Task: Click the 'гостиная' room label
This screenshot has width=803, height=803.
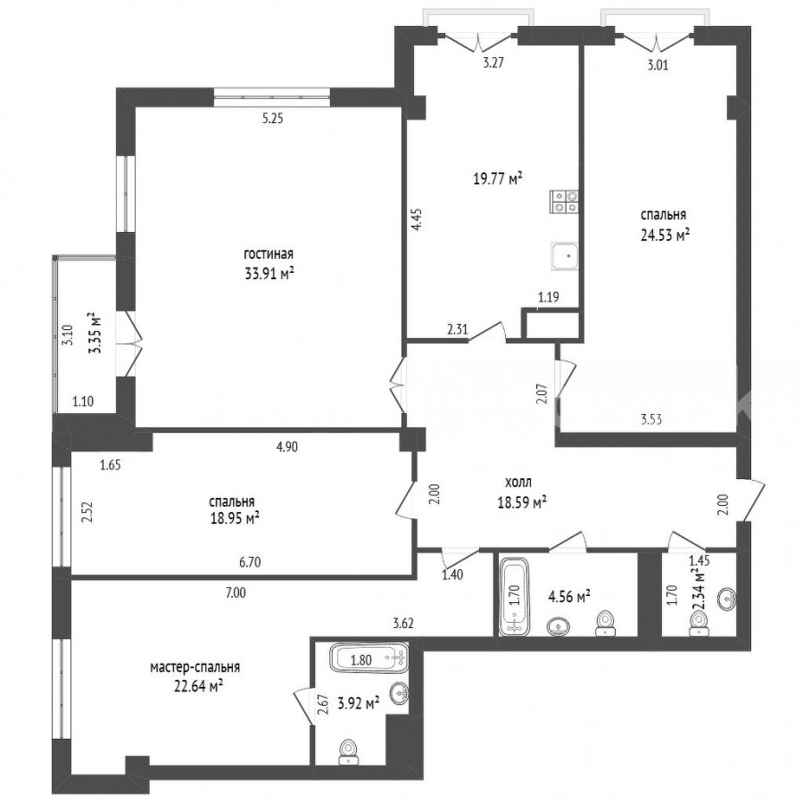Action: pyautogui.click(x=269, y=254)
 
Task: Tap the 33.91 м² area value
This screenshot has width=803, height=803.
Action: pyautogui.click(x=269, y=274)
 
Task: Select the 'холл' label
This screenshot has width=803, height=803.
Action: pyautogui.click(x=518, y=482)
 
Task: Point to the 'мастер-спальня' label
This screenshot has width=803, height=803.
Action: pyautogui.click(x=195, y=667)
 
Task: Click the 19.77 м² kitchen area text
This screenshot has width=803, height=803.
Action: pyautogui.click(x=498, y=178)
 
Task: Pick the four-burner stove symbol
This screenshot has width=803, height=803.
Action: pyautogui.click(x=565, y=201)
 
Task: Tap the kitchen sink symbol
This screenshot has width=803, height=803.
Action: pyautogui.click(x=565, y=256)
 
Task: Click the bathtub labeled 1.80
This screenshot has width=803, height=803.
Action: pyautogui.click(x=369, y=658)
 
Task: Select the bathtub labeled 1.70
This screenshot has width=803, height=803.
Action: pyautogui.click(x=513, y=597)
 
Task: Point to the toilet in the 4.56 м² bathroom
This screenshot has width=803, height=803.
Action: pyautogui.click(x=605, y=623)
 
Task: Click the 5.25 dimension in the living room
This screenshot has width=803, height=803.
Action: pyautogui.click(x=272, y=119)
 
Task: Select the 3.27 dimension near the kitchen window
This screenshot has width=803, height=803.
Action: pyautogui.click(x=493, y=63)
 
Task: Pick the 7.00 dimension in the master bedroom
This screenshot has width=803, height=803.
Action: pyautogui.click(x=236, y=593)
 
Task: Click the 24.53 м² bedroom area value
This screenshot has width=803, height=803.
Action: pyautogui.click(x=665, y=235)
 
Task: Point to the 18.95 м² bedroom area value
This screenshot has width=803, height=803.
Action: pyautogui.click(x=235, y=518)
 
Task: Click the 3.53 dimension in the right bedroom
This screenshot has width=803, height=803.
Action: pyautogui.click(x=651, y=420)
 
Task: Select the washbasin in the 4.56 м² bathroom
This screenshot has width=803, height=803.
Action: pyautogui.click(x=559, y=626)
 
